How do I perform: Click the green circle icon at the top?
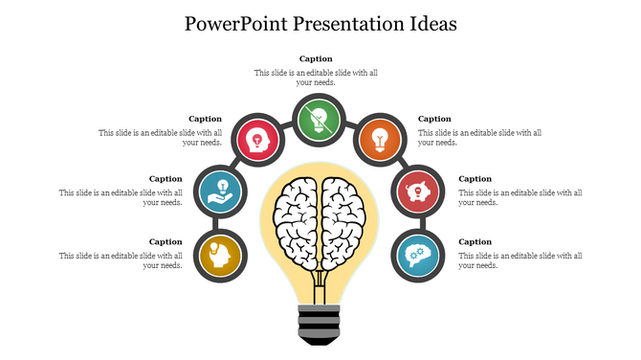coord(320,121)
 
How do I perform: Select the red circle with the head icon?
coord(257,141)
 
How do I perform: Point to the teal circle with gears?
coord(419,254)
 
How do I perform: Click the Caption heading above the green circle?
coord(316,59)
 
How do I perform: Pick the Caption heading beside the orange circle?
coord(435,119)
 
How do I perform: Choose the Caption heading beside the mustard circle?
coord(166,242)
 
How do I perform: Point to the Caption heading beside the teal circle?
coord(475,242)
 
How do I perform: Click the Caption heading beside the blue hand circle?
coord(166,179)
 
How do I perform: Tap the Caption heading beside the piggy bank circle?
coord(475,179)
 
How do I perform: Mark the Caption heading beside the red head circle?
coord(205,119)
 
